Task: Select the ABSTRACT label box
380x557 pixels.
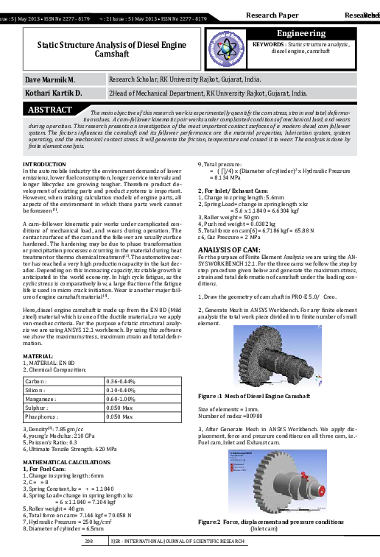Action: tap(49, 110)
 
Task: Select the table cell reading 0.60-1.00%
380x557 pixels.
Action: tap(124, 399)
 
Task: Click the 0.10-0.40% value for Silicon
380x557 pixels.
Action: tap(124, 390)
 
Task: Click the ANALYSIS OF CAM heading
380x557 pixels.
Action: tap(231, 230)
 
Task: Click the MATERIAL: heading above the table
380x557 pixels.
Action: tap(38, 355)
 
